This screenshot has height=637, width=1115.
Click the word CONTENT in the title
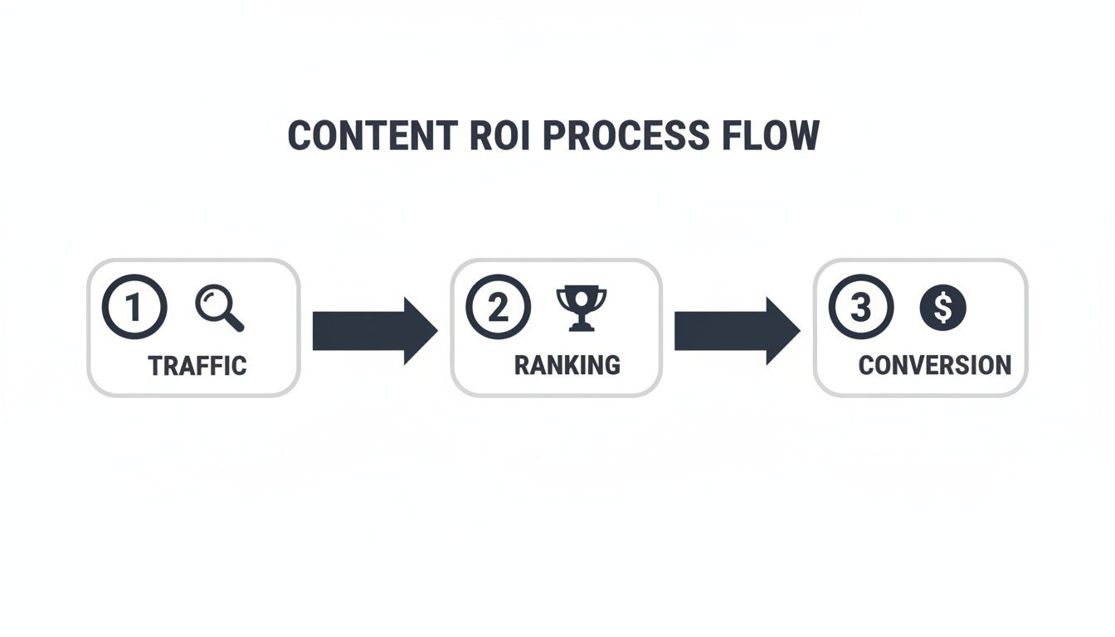372,136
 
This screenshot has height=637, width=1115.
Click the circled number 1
134,308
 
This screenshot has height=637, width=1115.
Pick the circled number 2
498,308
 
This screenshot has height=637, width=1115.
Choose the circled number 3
861,308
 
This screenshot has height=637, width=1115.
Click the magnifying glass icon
219,308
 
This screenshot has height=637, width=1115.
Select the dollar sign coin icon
943,308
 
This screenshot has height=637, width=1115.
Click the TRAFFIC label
197,366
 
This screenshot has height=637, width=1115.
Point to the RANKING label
567,365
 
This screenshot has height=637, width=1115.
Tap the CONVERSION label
934,365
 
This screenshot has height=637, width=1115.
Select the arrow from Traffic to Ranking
373,331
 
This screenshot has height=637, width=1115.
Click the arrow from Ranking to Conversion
736,331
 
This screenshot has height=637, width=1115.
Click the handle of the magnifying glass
235,323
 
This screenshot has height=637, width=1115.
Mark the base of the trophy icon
581,328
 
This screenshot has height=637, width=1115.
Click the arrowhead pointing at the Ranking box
420,331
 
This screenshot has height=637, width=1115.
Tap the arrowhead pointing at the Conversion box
782,331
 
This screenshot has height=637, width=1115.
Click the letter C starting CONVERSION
866,365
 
